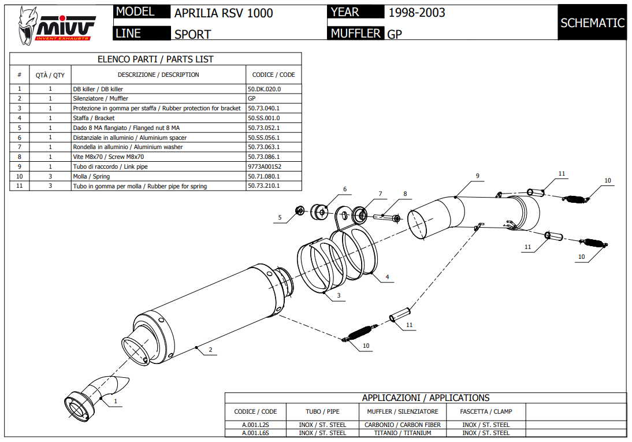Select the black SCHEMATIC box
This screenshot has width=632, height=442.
592,23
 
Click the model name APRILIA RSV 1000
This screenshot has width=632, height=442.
224,13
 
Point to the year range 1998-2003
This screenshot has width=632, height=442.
417,13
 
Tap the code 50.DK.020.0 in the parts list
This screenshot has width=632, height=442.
263,90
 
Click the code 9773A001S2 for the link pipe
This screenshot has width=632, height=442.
264,166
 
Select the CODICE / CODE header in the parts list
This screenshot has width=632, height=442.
273,75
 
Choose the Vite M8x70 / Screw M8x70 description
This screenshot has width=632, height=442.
109,157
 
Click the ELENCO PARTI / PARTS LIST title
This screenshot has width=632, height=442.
155,59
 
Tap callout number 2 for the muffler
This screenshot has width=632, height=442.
211,350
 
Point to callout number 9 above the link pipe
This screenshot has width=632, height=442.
478,175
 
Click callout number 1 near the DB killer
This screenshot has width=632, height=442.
116,400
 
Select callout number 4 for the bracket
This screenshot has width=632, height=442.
387,277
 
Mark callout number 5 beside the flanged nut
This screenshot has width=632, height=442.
280,218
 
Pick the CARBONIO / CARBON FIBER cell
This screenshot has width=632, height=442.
403,425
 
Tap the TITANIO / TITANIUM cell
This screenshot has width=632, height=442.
403,433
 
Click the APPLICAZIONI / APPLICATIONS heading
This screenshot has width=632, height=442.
425,398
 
